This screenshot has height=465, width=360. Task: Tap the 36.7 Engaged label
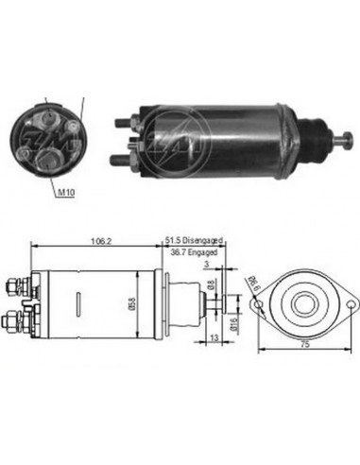click(192, 252)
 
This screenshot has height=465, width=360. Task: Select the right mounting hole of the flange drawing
click(351, 304)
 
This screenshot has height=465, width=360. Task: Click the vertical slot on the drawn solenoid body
click(74, 304)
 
